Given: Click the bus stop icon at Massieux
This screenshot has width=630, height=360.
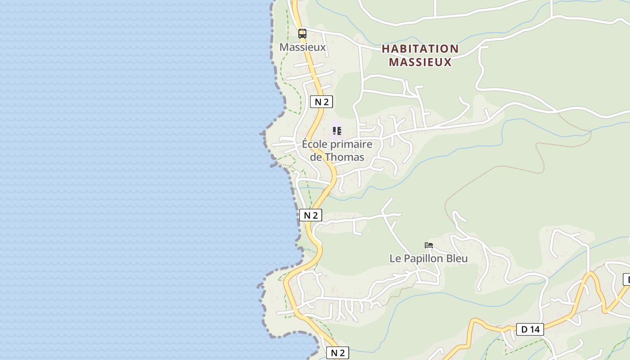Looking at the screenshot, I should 302,33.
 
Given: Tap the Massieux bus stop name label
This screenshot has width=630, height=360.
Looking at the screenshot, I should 302,47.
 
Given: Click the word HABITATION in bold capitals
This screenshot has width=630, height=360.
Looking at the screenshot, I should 420,49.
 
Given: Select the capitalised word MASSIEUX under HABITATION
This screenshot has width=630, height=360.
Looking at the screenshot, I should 420,62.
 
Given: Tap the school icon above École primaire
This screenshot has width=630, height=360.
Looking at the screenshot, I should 337,131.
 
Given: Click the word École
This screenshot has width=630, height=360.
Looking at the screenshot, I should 315,144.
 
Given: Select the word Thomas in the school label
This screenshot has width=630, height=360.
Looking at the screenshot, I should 344,157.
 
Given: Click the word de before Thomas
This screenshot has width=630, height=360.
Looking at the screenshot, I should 316,157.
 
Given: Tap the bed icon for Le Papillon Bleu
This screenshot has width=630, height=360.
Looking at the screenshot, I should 429,245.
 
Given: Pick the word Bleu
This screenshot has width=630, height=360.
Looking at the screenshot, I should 457,259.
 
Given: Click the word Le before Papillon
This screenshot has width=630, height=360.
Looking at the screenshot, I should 395,259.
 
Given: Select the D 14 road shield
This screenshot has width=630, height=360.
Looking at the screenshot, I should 530,329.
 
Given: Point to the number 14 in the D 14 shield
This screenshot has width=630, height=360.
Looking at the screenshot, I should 534,329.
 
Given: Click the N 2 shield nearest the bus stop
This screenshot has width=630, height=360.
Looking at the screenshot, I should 321,102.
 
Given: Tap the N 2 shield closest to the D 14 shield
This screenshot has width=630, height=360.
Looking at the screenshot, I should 337,353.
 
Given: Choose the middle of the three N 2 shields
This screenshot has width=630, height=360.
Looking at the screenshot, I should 310,215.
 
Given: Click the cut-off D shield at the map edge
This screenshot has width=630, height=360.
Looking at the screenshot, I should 626,279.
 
